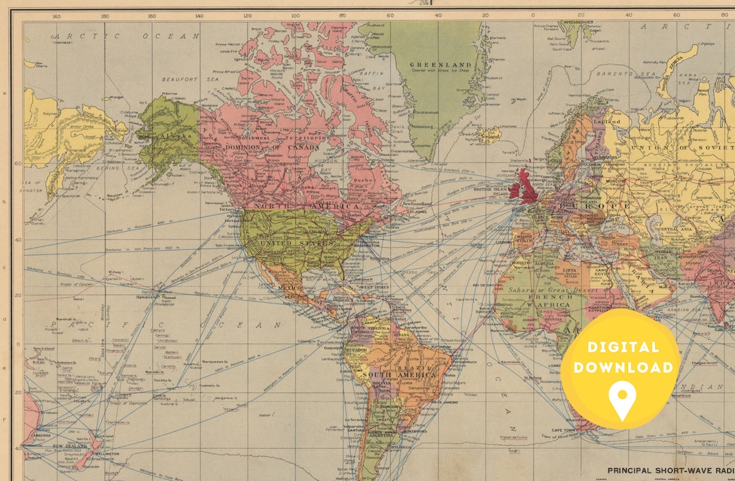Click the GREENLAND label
coord(441,65)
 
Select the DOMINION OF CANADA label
coord(272,147)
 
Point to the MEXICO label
coord(289,287)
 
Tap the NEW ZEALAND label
coord(66,446)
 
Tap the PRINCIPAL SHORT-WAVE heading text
coord(671,471)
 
